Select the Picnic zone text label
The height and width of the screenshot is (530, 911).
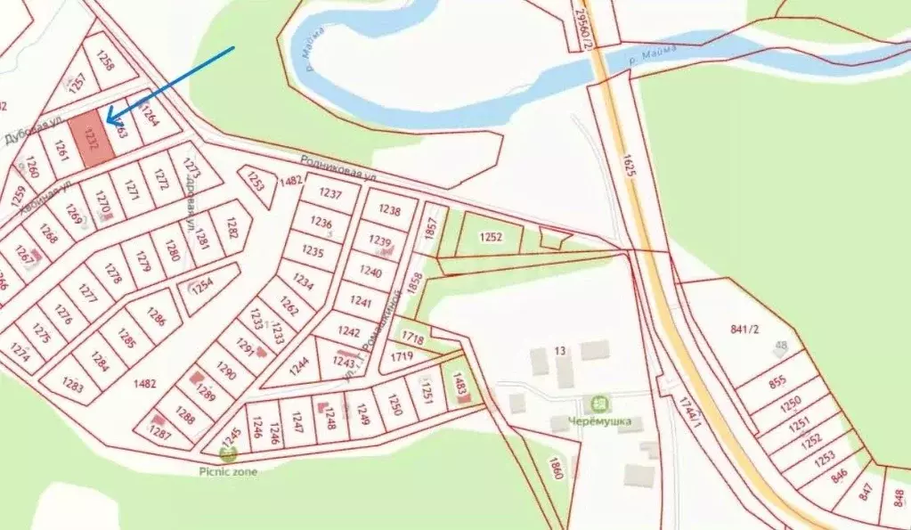(229, 471)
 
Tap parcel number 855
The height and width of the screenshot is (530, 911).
(777, 382)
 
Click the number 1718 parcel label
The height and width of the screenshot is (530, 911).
(412, 338)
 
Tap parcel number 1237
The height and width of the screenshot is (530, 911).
(329, 194)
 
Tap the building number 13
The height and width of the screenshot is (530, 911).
(561, 350)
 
